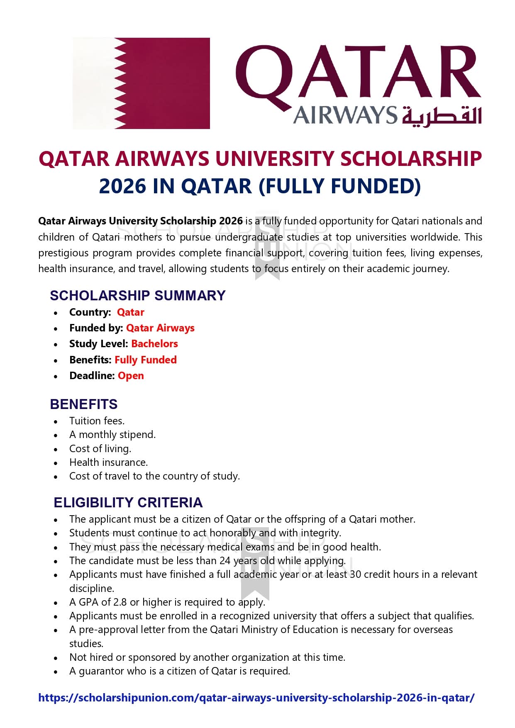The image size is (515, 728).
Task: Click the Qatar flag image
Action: click(x=141, y=83)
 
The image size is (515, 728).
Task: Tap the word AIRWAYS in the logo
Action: click(x=345, y=115)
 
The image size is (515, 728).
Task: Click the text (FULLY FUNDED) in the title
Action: click(x=339, y=186)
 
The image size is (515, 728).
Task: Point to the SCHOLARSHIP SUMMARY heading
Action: click(x=137, y=295)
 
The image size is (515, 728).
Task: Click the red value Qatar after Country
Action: click(x=130, y=312)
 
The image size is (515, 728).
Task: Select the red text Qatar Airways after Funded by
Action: click(x=160, y=328)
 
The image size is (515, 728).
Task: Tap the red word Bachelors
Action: click(x=154, y=344)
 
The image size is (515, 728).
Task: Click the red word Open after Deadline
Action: click(x=131, y=376)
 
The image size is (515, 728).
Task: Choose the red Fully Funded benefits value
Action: click(x=145, y=360)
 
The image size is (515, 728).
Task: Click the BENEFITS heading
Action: click(x=83, y=404)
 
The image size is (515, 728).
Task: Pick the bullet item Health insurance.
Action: click(x=108, y=463)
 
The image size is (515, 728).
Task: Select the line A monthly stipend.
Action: click(x=112, y=435)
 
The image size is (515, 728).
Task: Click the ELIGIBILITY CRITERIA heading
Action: click(x=128, y=502)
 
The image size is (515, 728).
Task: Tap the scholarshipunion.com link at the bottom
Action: click(x=256, y=698)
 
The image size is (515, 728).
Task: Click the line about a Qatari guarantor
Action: click(x=179, y=671)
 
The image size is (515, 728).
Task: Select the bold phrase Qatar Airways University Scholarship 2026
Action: click(x=140, y=221)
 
